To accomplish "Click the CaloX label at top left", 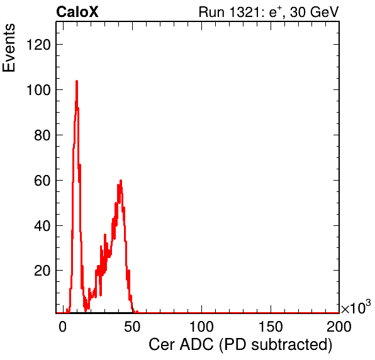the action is [77, 11].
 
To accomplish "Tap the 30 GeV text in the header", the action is [314, 12].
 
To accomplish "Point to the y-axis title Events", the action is [9, 48].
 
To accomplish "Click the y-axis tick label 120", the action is [38, 45].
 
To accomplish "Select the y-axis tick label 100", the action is [38, 90].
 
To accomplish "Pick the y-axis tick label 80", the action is [42, 135].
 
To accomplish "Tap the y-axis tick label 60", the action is [42, 181].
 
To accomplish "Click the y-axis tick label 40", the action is [42, 225].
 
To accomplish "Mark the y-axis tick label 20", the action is [42, 271].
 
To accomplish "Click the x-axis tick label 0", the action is [63, 327].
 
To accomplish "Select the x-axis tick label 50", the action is [132, 327].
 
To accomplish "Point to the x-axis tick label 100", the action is [201, 327].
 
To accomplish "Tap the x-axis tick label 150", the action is [271, 327].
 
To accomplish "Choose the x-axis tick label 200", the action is [339, 327].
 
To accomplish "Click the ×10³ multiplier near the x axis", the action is [356, 307].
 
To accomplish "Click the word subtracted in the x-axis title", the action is [292, 345].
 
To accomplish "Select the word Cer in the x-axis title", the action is [162, 345].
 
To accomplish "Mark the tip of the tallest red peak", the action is [77, 81].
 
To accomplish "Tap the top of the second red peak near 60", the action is [121, 180].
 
